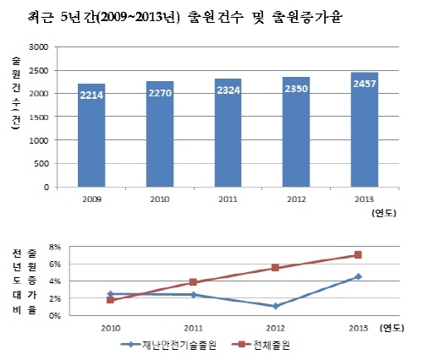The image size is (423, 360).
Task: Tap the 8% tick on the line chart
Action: pos(56,248)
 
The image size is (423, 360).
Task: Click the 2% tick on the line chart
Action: pos(56,298)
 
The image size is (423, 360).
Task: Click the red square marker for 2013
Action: pos(358,254)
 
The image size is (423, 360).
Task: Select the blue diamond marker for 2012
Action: pos(276,306)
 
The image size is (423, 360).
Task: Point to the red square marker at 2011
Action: pos(193,282)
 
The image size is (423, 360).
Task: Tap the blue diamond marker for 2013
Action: pos(358,276)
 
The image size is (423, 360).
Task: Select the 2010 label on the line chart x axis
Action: pos(110,327)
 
